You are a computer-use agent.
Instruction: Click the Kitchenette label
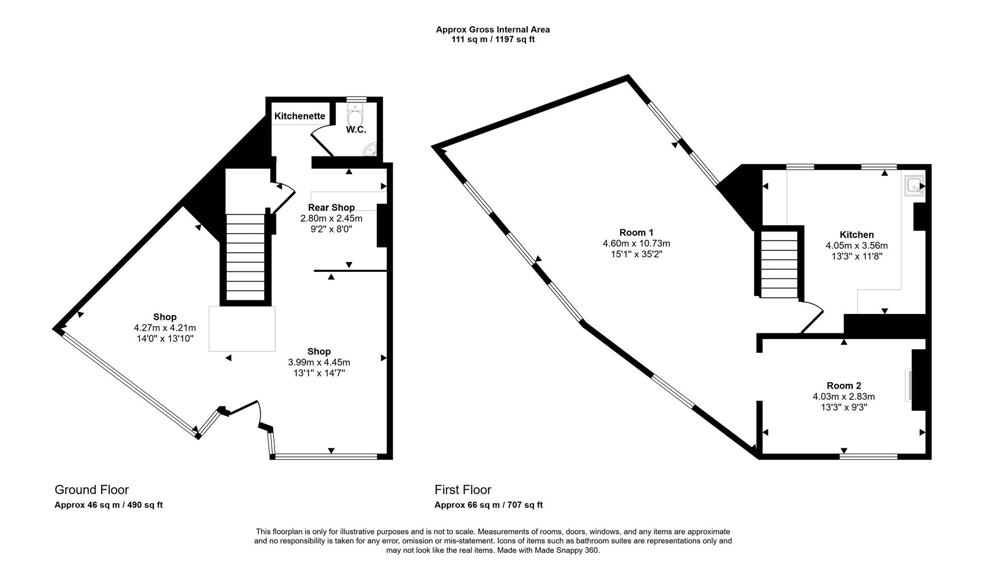300,116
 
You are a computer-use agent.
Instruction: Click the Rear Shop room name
331,207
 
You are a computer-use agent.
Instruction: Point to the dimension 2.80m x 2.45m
331,218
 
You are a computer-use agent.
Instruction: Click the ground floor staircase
245,257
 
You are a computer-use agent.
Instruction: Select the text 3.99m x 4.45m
319,362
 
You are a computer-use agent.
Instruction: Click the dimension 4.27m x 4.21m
165,328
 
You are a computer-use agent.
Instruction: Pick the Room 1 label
636,233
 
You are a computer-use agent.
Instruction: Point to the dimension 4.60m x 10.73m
636,244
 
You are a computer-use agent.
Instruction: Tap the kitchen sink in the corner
914,186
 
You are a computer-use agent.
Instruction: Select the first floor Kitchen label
857,235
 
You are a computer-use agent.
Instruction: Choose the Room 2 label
844,385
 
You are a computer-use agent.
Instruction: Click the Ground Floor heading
91,490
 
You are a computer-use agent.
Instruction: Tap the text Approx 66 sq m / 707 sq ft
488,505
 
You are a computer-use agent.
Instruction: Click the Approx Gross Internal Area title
492,30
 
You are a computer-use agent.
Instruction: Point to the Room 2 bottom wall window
868,457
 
